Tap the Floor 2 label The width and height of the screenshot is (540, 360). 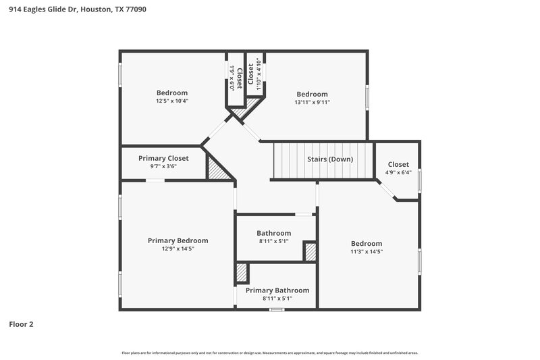(21, 324)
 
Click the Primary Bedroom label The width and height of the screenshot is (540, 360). (178, 240)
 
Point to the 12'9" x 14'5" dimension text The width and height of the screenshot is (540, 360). (178, 249)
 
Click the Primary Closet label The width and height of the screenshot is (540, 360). (163, 158)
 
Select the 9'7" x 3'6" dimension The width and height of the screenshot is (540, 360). (163, 166)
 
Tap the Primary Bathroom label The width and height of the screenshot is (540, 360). (277, 290)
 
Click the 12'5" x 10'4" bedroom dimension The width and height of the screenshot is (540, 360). (172, 101)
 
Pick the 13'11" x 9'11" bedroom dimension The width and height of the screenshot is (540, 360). (313, 103)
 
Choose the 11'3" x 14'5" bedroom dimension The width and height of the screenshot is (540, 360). (367, 252)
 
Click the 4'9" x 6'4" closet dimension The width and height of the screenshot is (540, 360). (398, 172)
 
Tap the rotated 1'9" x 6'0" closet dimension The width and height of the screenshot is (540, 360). (231, 78)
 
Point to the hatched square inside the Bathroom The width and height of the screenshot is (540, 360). (310, 251)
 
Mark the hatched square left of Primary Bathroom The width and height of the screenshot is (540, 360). (242, 273)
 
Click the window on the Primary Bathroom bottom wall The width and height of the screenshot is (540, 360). (276, 309)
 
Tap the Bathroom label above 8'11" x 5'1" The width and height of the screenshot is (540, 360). (273, 233)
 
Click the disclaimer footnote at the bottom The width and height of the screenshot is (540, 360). (270, 353)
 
